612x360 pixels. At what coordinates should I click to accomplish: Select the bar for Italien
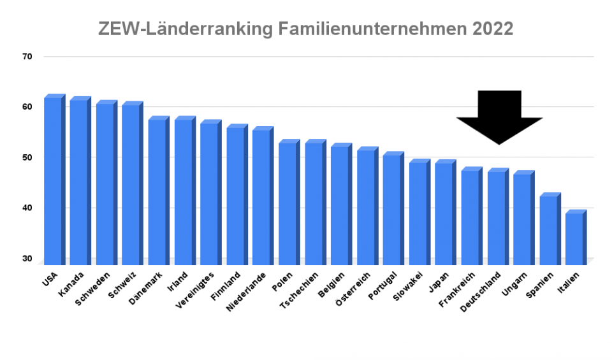(x=574, y=238)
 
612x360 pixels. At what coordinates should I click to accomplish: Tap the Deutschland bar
(x=497, y=217)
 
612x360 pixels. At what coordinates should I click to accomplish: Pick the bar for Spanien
(x=548, y=229)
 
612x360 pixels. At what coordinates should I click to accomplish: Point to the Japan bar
(x=444, y=213)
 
